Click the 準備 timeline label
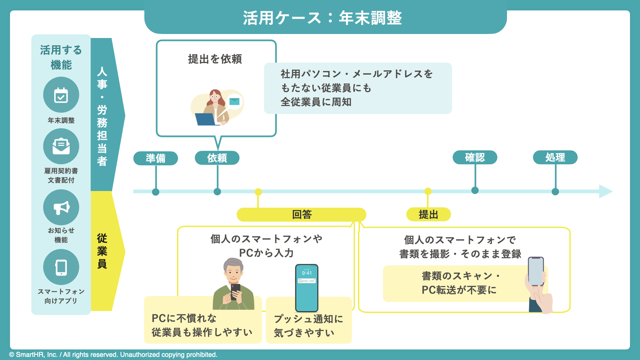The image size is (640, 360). pos(155,158)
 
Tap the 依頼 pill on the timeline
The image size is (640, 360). pos(217,158)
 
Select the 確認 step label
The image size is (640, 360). pos(475,157)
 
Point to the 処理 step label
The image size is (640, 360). pos(555,157)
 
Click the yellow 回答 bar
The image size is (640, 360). pos(301,214)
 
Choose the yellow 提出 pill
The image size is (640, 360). pos(428,214)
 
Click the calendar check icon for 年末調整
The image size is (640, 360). pos(61,95)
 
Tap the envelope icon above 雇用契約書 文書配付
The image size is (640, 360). pos(61,146)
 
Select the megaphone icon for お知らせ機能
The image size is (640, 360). pos(61,207)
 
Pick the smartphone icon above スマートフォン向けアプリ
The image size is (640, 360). pos(61,267)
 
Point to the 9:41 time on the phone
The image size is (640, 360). pos(307,273)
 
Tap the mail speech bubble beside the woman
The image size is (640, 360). pos(234,101)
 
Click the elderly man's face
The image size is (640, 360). pos(234,273)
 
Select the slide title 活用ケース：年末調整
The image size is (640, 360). pos(322,18)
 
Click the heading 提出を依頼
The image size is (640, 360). pos(215,59)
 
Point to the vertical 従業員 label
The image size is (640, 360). pos(102,251)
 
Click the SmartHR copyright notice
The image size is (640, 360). pos(113,355)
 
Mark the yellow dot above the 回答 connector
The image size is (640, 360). pos(258,192)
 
